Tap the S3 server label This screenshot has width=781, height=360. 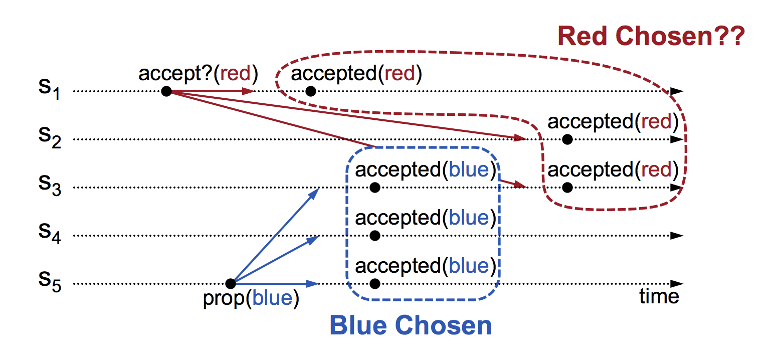49,186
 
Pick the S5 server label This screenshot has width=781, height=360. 49,281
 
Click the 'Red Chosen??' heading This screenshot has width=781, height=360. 651,37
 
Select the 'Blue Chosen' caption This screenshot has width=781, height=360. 411,326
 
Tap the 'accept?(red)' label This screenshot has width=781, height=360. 198,74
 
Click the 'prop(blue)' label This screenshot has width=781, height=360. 251,298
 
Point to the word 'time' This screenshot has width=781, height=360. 659,297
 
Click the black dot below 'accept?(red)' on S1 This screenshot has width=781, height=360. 166,91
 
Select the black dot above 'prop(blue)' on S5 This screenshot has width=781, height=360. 230,284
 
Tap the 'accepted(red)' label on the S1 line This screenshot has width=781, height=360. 356,74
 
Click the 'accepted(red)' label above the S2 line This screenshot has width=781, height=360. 613,122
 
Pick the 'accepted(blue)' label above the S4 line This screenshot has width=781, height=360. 425,218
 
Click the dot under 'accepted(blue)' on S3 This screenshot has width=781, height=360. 374,188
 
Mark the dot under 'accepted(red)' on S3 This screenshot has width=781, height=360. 567,188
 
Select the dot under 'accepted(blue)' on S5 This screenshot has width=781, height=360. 374,284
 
